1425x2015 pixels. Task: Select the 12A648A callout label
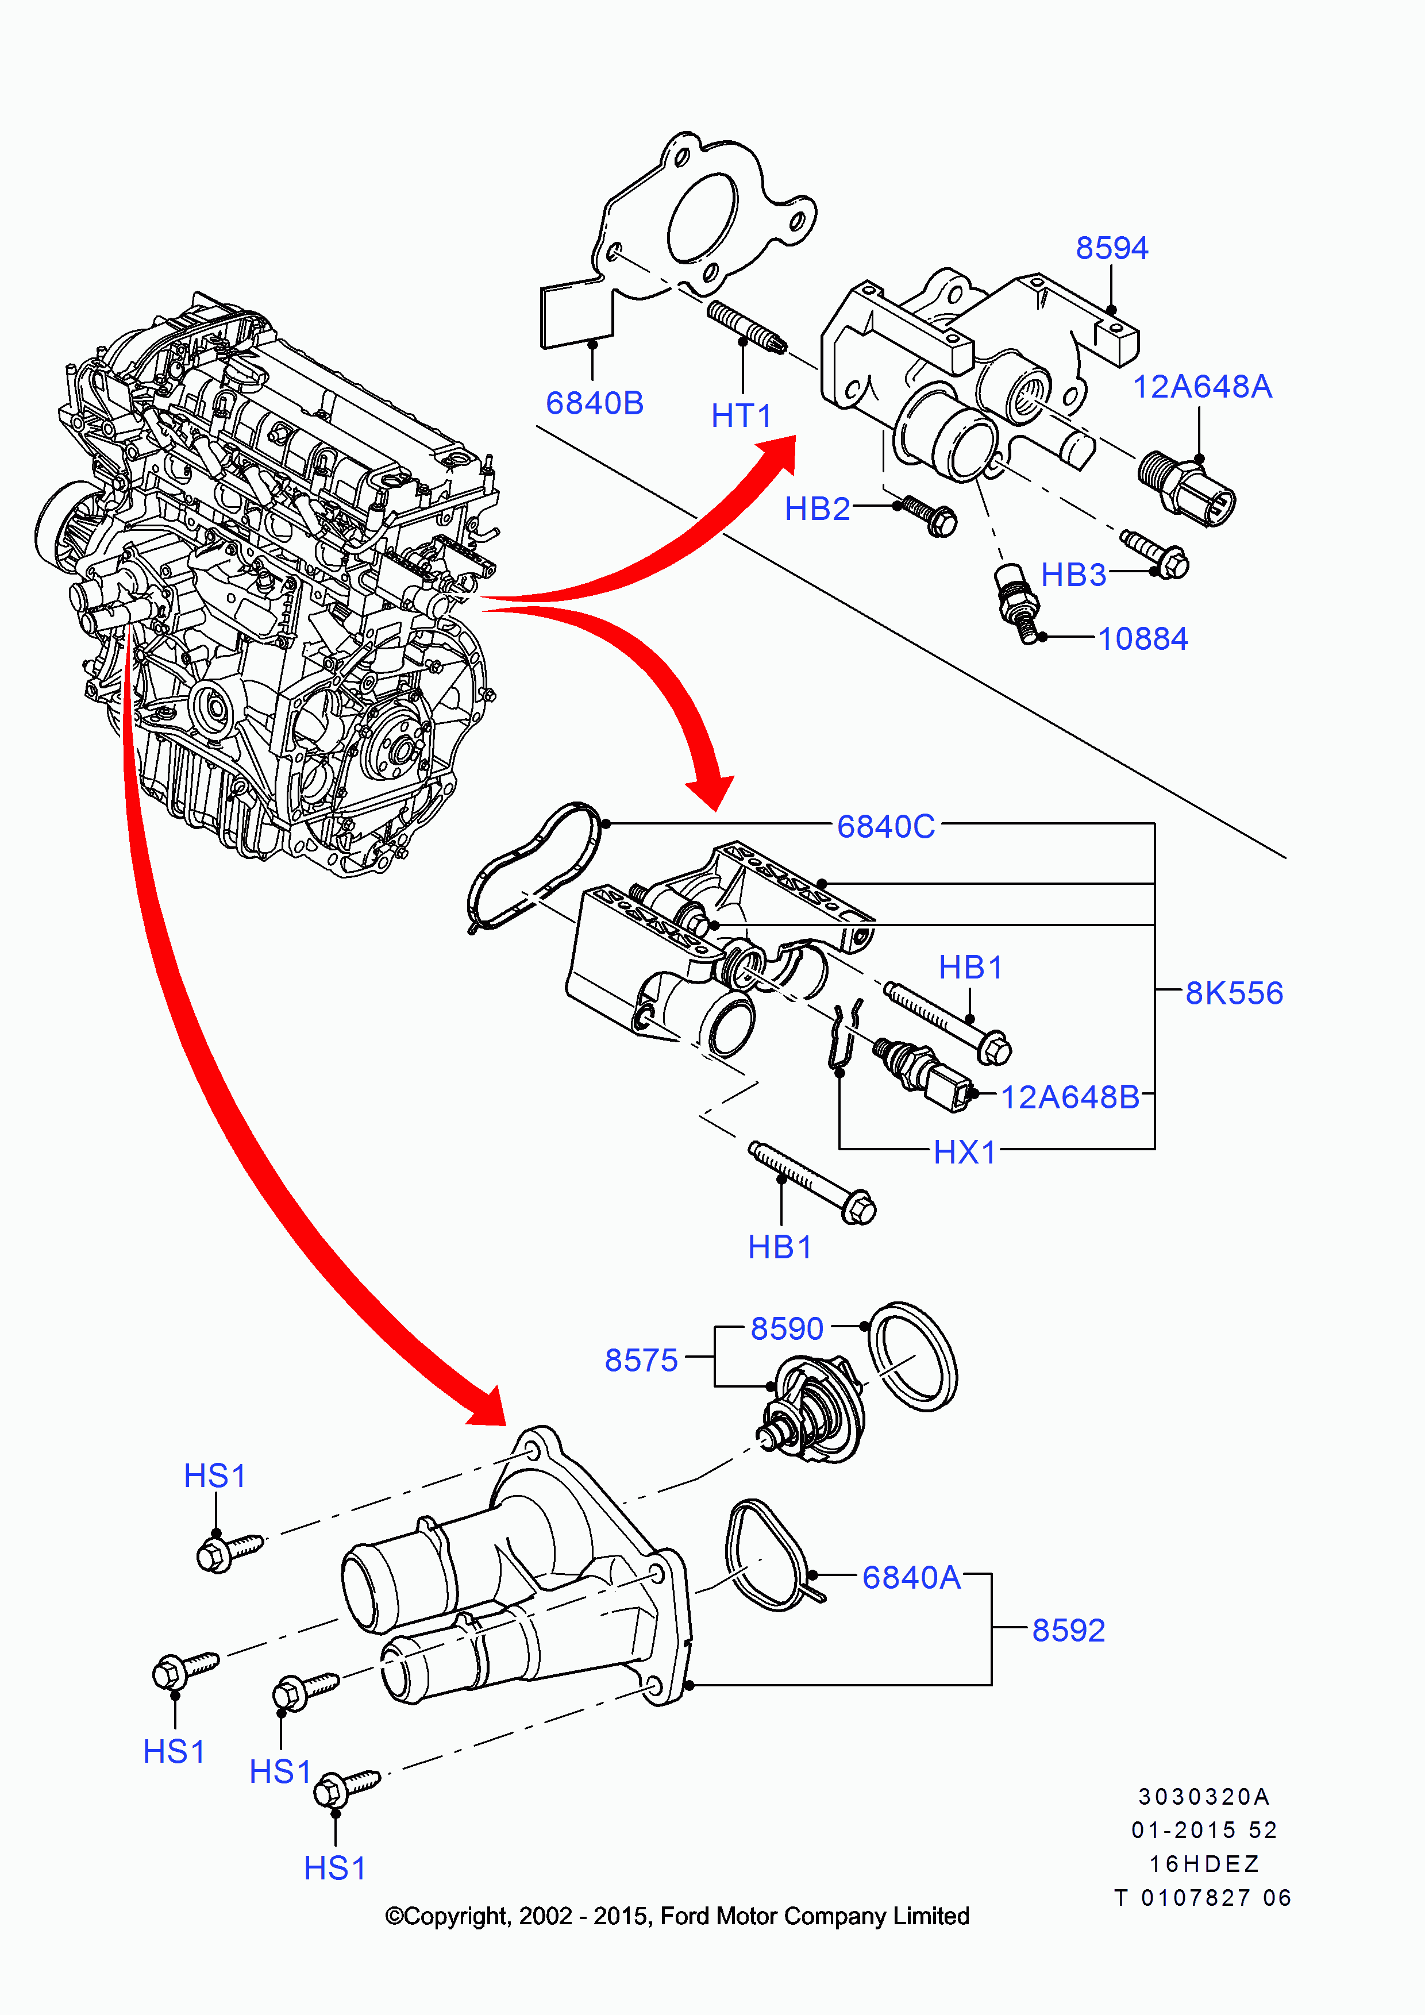(x=1201, y=387)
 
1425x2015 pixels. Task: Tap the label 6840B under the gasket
(x=594, y=404)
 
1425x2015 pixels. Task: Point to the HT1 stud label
(x=741, y=416)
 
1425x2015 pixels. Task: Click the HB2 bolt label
(x=817, y=509)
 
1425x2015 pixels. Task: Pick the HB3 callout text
(x=1073, y=576)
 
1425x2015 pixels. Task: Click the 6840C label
(x=885, y=827)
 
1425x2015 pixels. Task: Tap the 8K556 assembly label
(x=1234, y=993)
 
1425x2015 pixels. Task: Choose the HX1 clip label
(x=964, y=1153)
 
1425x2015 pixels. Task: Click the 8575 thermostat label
(x=641, y=1361)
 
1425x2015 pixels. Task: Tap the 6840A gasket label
(x=911, y=1578)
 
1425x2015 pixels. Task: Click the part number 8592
(x=1068, y=1631)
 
